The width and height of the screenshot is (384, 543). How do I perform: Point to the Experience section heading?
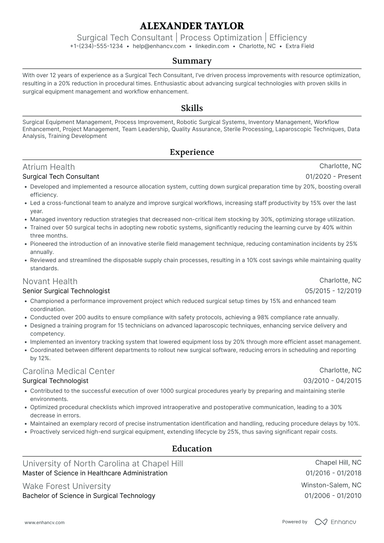[191, 152]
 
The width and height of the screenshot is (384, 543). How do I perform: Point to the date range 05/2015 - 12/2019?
[335, 291]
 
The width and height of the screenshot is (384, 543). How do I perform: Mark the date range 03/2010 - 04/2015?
[335, 380]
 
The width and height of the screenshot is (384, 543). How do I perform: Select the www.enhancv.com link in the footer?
[38, 522]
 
